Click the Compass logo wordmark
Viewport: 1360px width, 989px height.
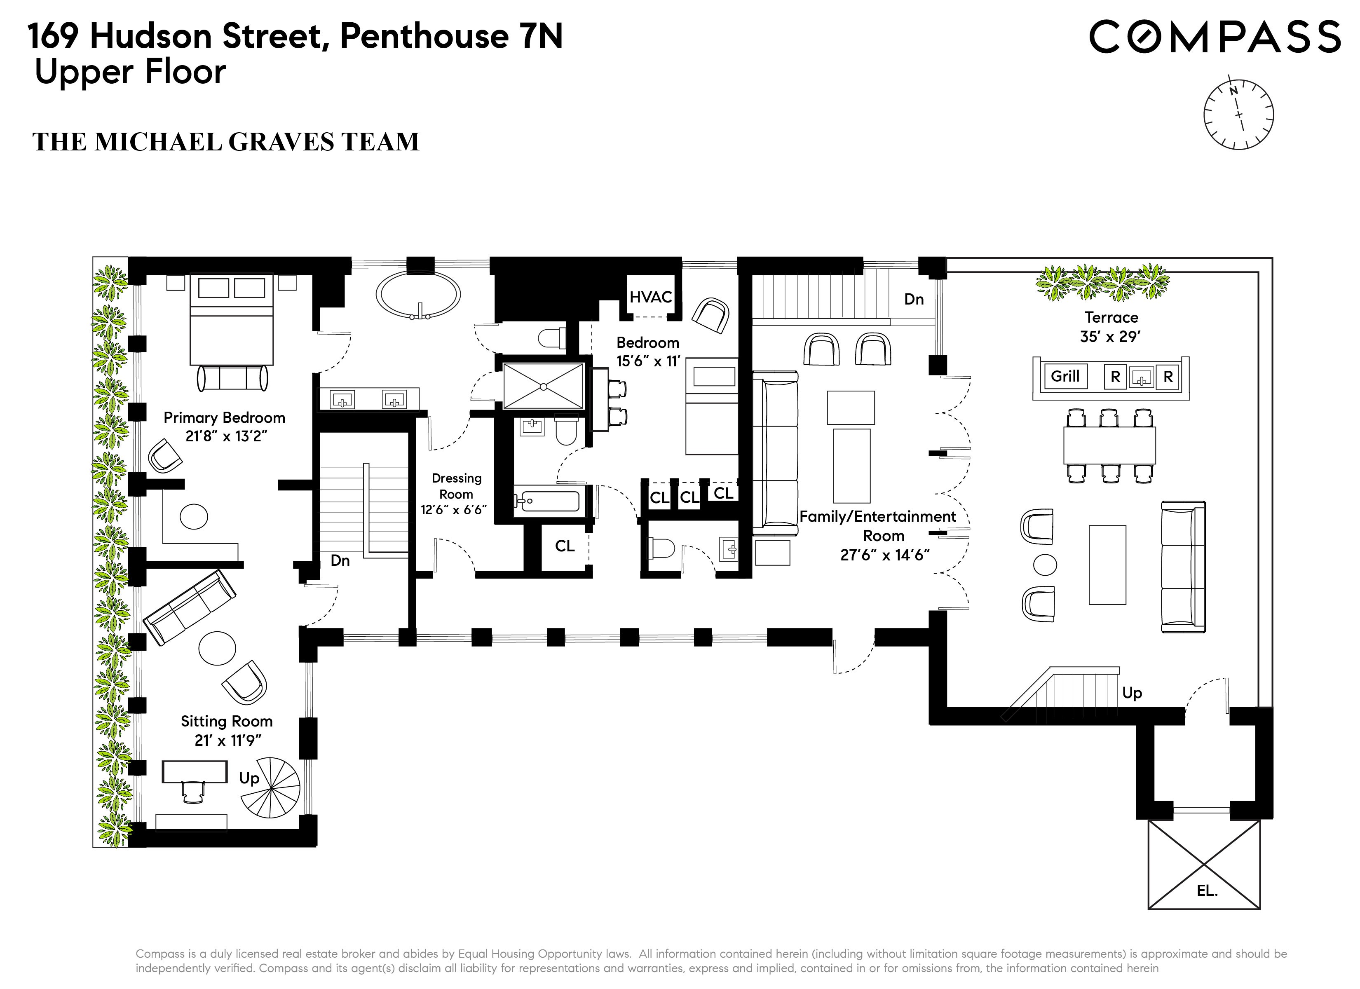click(1214, 37)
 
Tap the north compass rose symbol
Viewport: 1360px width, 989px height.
click(1238, 115)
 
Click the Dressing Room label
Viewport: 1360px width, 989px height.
click(456, 486)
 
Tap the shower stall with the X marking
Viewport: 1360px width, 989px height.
click(543, 386)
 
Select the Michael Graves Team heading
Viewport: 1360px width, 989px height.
click(225, 142)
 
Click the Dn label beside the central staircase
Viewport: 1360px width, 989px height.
click(340, 561)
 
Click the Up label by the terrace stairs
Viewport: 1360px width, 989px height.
click(1132, 693)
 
